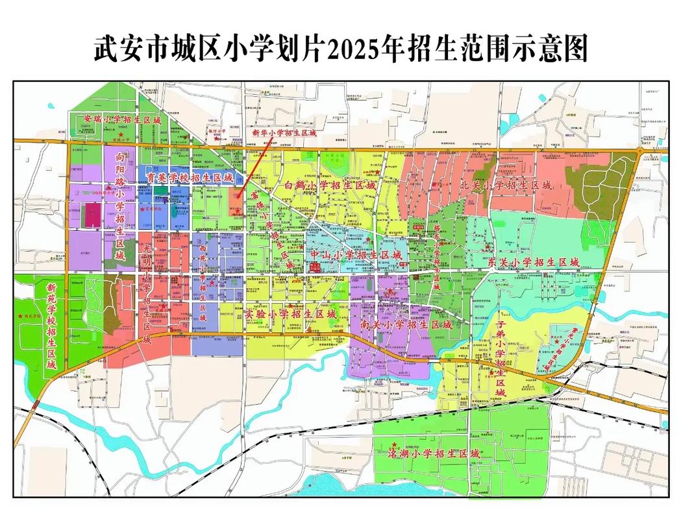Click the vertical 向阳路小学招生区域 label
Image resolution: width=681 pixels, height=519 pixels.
tap(119, 205)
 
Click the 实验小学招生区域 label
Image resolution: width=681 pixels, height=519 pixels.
tap(291, 314)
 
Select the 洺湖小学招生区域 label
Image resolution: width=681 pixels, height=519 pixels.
tap(434, 453)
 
